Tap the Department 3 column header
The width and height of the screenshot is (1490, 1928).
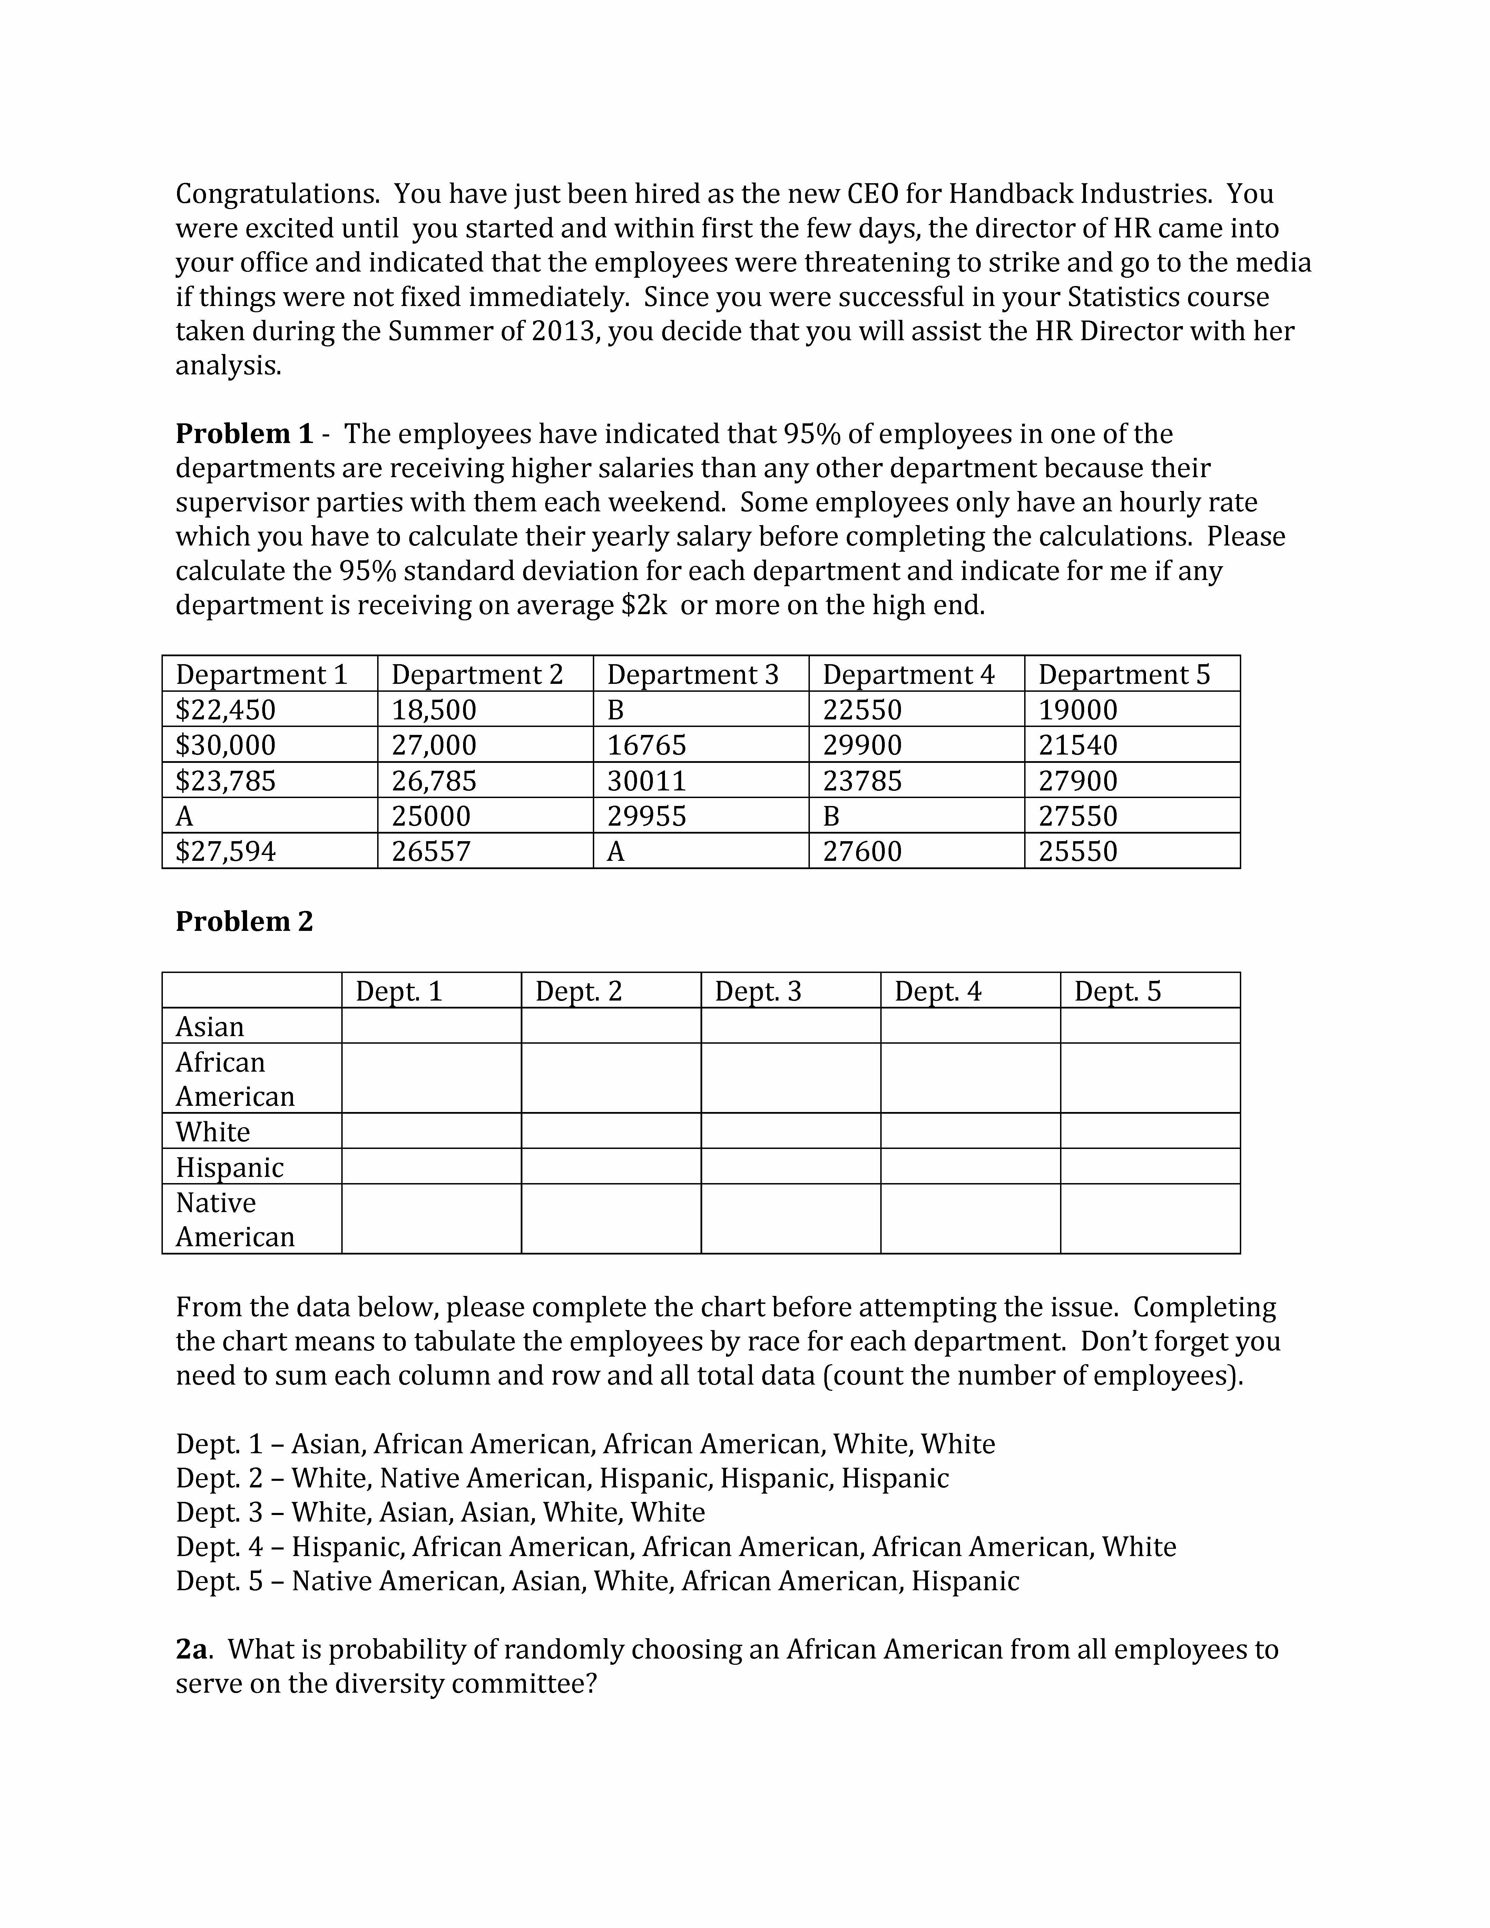pyautogui.click(x=693, y=675)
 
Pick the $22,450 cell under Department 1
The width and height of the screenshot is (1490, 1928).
pyautogui.click(x=226, y=710)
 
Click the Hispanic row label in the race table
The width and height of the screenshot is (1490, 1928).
pyautogui.click(x=229, y=1167)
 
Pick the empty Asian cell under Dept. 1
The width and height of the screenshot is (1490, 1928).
pyautogui.click(x=431, y=1026)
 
